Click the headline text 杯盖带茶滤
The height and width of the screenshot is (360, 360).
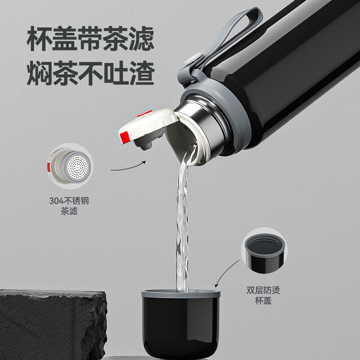pos(90,40)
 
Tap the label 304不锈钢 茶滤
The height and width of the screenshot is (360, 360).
pos(69,206)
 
